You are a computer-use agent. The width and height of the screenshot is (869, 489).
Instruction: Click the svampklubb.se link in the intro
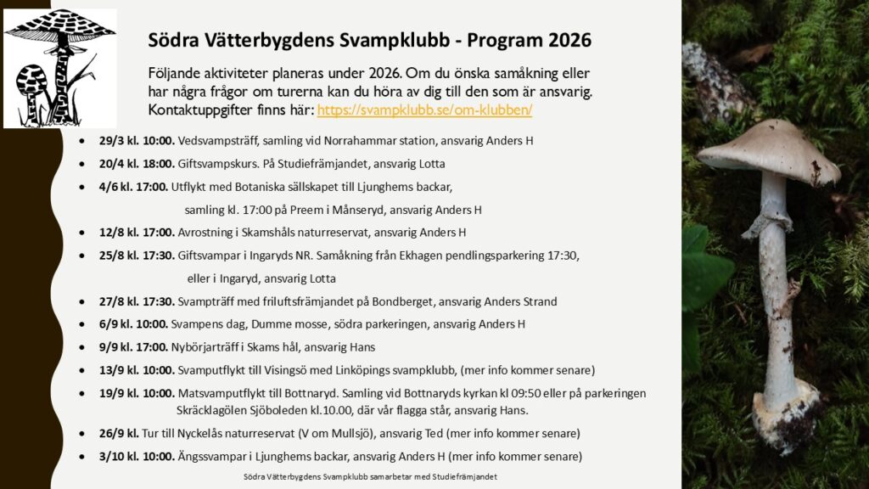point(424,110)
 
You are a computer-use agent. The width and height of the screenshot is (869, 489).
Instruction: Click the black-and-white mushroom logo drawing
point(59,68)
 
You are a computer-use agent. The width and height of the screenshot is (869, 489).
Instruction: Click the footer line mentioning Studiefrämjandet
point(370,477)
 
